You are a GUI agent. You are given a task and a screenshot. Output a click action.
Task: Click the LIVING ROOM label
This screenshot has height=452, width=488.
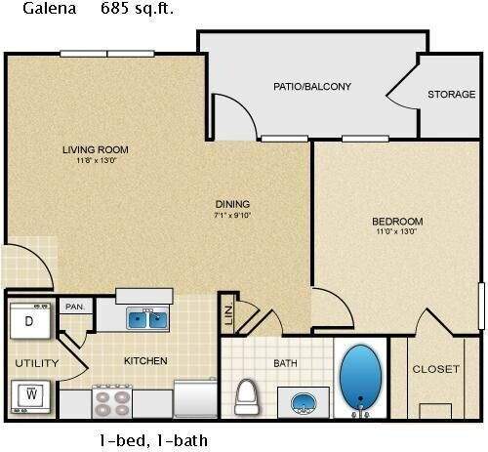point(96,149)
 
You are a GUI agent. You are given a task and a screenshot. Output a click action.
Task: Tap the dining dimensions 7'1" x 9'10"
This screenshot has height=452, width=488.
point(232,216)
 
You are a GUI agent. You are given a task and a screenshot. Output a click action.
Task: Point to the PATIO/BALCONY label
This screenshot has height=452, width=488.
point(311,87)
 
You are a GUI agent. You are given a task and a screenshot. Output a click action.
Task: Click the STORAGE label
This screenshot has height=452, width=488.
point(451,95)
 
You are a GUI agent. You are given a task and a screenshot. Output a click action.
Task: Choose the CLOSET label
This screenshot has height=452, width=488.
point(435,369)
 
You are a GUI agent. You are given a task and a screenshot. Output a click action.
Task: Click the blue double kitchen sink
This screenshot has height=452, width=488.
point(147,318)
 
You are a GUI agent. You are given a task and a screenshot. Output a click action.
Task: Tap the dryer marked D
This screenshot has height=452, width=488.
point(29,320)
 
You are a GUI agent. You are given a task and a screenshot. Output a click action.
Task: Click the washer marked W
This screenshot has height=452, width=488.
point(29,395)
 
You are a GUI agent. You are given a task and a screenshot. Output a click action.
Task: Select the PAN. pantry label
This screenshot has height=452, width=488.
point(74,307)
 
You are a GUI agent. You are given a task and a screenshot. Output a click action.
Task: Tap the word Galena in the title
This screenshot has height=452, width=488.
point(32,10)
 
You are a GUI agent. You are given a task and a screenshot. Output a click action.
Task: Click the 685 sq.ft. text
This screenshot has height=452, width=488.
point(137,10)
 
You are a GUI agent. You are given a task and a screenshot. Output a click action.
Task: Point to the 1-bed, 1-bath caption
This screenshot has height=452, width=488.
point(152,439)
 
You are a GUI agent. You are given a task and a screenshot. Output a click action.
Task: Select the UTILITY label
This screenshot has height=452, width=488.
point(36,363)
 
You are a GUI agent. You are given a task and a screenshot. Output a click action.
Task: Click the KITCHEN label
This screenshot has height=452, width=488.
point(145,361)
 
